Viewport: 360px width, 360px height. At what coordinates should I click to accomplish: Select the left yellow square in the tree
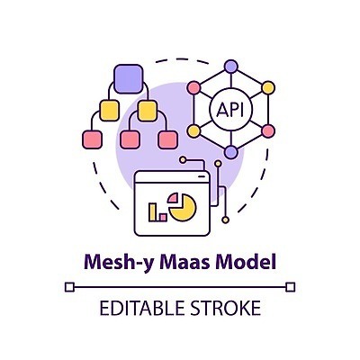(x=111, y=111)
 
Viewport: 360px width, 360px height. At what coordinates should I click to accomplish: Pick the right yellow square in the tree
(x=149, y=111)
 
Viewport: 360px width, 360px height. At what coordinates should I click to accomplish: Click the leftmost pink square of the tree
(x=91, y=139)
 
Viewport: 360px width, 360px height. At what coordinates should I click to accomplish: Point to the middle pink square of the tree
(x=130, y=139)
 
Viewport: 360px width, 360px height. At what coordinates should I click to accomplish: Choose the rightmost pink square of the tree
(x=167, y=139)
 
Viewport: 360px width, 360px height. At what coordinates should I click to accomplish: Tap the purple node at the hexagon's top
(x=231, y=67)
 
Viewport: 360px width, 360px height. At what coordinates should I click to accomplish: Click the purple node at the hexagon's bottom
(x=231, y=152)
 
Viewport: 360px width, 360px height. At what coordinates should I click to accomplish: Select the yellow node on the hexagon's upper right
(x=268, y=88)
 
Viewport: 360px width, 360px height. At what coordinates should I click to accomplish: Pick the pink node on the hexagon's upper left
(x=194, y=88)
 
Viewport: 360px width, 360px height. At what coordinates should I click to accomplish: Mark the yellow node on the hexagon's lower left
(x=194, y=131)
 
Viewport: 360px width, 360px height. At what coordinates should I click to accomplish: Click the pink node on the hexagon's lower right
(x=268, y=131)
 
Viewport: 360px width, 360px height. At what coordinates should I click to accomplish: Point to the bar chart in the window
(x=157, y=212)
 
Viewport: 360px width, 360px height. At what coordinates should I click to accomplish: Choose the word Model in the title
(x=245, y=264)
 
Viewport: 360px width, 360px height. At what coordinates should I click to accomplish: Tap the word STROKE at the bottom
(x=226, y=309)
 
